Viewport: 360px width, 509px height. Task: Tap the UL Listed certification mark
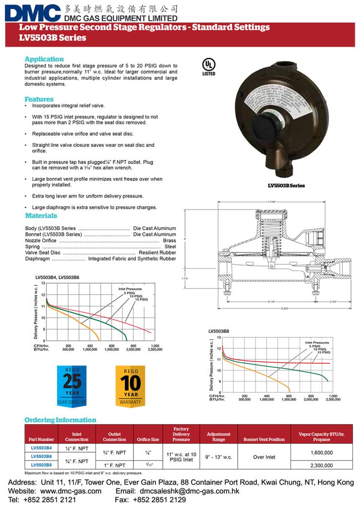[x=208, y=67]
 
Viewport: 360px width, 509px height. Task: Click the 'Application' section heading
[x=44, y=59]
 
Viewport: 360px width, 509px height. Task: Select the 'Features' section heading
[x=39, y=99]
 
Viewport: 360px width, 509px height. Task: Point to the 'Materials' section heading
[x=41, y=216]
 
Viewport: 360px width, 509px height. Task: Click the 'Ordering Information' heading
[x=60, y=420]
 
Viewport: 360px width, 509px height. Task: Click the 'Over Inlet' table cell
[x=264, y=457]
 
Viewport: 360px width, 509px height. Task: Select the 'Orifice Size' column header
[x=148, y=439]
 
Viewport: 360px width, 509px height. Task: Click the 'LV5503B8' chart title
[x=218, y=331]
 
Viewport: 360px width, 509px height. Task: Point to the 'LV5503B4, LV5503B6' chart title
[x=58, y=277]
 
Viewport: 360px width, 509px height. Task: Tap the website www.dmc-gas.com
[x=71, y=491]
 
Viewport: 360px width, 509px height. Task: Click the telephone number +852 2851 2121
[x=55, y=500]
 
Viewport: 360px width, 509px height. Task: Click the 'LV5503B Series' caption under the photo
[x=286, y=186]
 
